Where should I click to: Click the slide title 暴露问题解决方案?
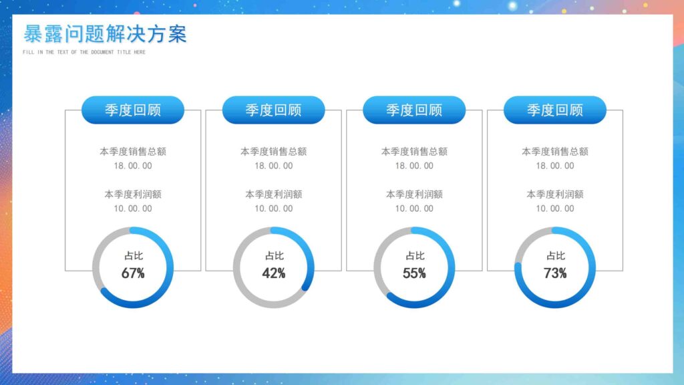105,34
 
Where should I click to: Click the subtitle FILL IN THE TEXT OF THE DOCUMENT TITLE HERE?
83,52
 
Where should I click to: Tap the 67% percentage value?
133,273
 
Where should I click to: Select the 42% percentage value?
274,273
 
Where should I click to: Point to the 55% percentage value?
414,273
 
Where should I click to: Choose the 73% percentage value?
555,273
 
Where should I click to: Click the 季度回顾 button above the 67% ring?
133,110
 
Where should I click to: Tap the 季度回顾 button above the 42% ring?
273,110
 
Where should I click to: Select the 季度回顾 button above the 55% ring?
414,110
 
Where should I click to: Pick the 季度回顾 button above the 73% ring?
555,110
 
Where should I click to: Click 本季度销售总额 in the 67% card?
133,152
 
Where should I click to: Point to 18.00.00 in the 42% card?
274,166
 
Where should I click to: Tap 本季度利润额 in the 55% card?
414,195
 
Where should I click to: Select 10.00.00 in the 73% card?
555,209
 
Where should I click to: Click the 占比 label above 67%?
133,255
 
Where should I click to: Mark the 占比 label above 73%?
555,255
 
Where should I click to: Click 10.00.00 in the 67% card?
133,209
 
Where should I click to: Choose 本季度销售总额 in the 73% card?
555,152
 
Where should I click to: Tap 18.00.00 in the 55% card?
414,166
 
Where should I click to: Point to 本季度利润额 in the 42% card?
274,195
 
